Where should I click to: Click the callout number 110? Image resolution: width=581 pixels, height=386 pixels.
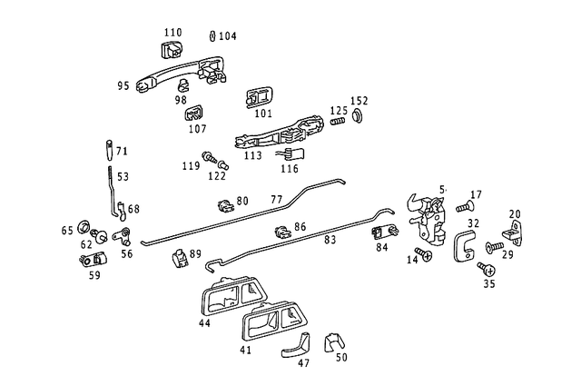click(x=172, y=33)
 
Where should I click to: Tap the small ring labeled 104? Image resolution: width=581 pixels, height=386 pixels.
click(x=212, y=36)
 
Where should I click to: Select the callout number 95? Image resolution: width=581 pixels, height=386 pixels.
click(x=123, y=86)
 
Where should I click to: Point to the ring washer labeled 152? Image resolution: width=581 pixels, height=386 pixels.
click(x=357, y=117)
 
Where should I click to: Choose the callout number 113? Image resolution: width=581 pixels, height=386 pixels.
click(x=253, y=156)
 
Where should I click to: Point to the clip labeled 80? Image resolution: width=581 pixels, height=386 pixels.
click(x=222, y=206)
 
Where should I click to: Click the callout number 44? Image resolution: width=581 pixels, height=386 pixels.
click(x=205, y=322)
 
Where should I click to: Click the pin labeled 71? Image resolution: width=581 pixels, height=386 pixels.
click(x=110, y=148)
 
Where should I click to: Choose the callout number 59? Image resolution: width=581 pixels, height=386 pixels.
click(x=94, y=274)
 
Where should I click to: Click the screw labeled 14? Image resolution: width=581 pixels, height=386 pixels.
click(x=422, y=253)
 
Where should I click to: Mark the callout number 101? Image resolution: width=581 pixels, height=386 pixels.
click(x=263, y=114)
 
